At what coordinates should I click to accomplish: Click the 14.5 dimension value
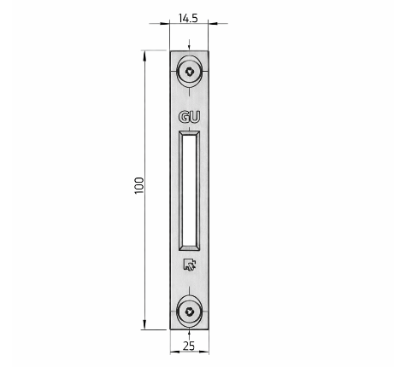[189, 15]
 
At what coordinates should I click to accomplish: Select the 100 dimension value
[139, 186]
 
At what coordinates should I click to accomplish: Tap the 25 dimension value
[189, 346]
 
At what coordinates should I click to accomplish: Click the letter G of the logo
[183, 119]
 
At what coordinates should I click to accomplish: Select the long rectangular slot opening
[189, 187]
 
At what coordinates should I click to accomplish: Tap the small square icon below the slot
[189, 265]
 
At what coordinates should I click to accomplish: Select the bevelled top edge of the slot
[189, 133]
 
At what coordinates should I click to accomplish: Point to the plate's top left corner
[169, 52]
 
